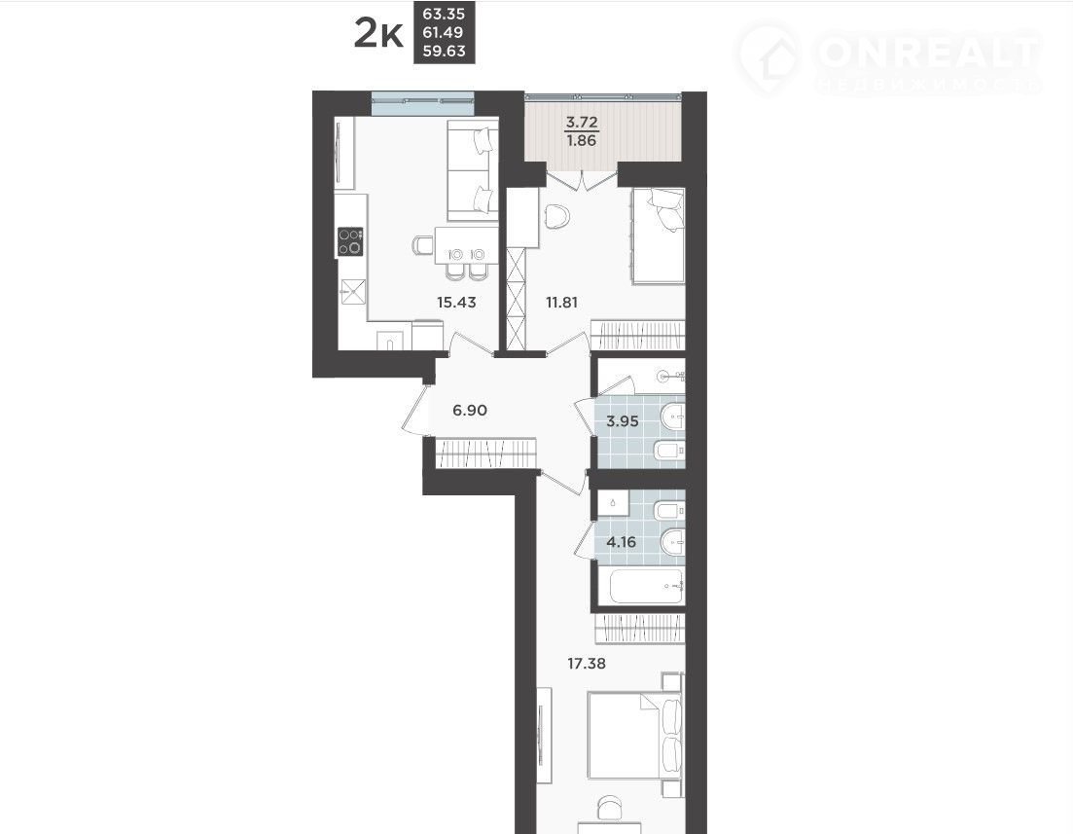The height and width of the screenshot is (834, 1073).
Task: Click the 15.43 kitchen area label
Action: pyautogui.click(x=456, y=302)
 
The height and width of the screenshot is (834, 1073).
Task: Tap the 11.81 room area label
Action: pyautogui.click(x=562, y=302)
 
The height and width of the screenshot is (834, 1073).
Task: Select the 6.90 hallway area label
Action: pyautogui.click(x=470, y=410)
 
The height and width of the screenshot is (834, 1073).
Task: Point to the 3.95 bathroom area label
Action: pyautogui.click(x=623, y=421)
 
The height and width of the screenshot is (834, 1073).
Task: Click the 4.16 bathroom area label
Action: pyautogui.click(x=622, y=542)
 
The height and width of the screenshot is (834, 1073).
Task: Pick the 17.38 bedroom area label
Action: pyautogui.click(x=588, y=663)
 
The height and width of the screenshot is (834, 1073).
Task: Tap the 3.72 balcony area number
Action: pyautogui.click(x=582, y=124)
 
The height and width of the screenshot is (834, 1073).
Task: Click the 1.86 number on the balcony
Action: pyautogui.click(x=582, y=141)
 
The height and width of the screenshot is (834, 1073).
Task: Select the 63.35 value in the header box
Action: pyautogui.click(x=445, y=14)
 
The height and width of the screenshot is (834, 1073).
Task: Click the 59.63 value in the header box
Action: pyautogui.click(x=445, y=51)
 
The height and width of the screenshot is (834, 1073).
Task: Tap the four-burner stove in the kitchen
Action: pyautogui.click(x=350, y=241)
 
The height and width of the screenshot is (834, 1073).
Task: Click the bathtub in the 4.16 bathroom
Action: pyautogui.click(x=646, y=586)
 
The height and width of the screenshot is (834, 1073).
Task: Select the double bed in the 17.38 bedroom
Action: pyautogui.click(x=634, y=735)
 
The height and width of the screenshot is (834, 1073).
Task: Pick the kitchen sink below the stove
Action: pyautogui.click(x=353, y=292)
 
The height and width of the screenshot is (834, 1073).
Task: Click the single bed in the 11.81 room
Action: pyautogui.click(x=658, y=236)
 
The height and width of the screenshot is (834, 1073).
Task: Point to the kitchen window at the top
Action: pyautogui.click(x=422, y=103)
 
